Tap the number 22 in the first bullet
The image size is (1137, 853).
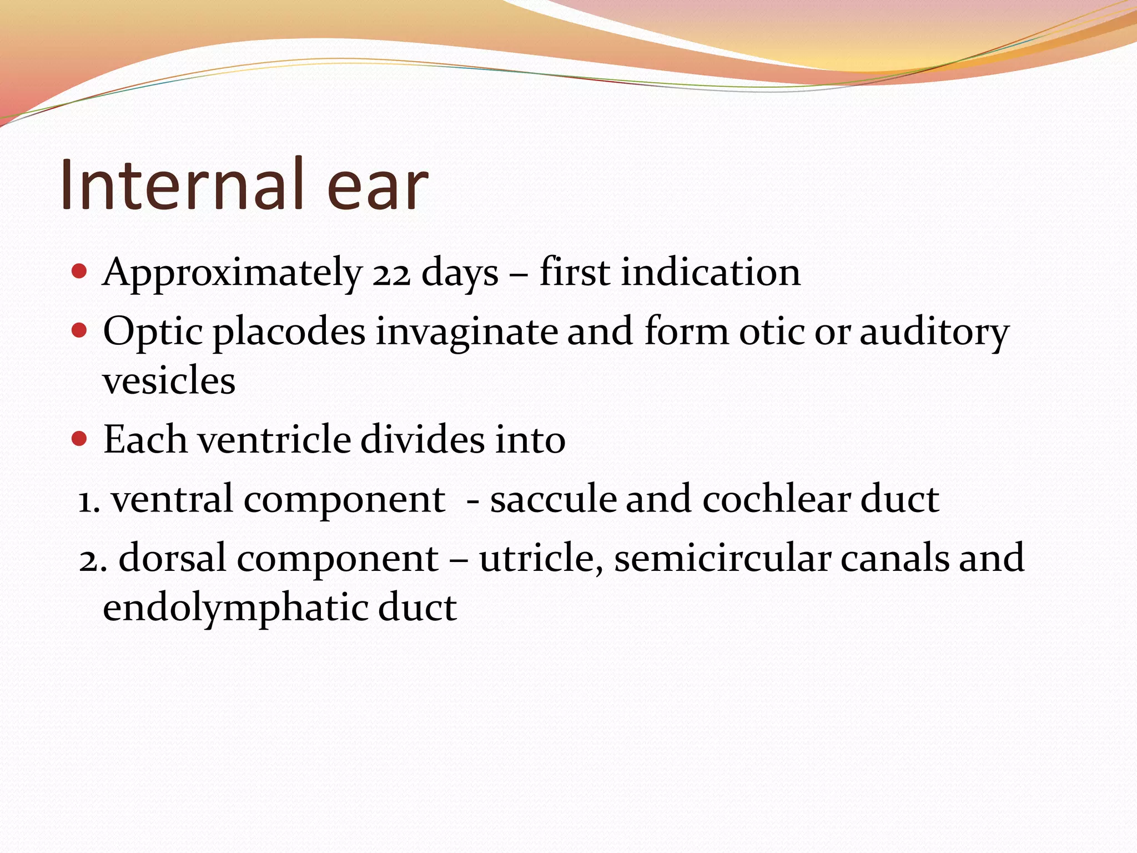click(x=391, y=273)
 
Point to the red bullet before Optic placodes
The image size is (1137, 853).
click(x=80, y=330)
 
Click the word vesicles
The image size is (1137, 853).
click(x=169, y=381)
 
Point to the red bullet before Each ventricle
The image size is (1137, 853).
click(x=80, y=439)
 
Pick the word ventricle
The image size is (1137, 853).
click(x=274, y=440)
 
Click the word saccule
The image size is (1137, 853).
click(x=552, y=499)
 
